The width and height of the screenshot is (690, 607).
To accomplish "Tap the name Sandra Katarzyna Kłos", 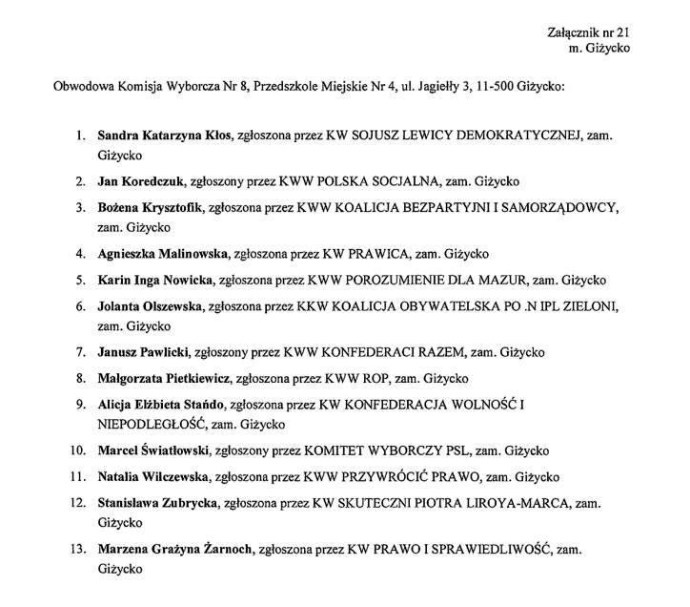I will (165, 136).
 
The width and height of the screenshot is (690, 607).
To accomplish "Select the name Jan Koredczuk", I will (143, 181).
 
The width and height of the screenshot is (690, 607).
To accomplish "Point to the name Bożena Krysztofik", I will (150, 207).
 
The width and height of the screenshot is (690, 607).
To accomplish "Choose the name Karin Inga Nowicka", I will (157, 281).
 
